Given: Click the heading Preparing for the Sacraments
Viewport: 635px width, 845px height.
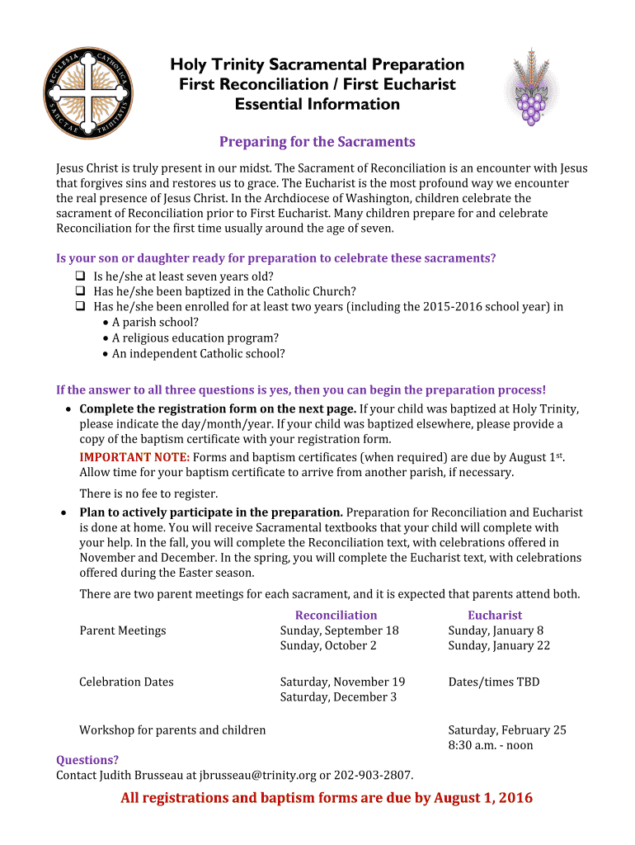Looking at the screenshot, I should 317,142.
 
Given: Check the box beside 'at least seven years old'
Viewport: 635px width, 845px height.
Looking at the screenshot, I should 81,276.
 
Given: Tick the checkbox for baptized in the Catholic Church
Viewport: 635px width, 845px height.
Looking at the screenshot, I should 81,290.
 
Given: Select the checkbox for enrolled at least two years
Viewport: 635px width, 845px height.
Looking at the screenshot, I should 81,306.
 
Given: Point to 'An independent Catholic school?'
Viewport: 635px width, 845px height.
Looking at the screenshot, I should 198,353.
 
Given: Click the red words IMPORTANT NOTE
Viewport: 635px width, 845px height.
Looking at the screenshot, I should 134,457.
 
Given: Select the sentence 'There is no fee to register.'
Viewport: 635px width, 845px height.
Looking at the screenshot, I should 148,493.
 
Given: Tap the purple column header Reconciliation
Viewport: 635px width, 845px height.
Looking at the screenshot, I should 336,615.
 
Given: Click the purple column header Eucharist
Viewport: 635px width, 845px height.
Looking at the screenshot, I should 495,615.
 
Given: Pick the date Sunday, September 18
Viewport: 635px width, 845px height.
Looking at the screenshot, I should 339,630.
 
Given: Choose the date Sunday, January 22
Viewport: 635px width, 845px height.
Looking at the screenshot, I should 499,645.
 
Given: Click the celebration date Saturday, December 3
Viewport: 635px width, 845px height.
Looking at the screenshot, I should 338,696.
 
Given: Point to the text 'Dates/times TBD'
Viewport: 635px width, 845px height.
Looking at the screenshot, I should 493,682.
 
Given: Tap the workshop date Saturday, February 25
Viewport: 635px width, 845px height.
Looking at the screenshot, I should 507,729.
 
